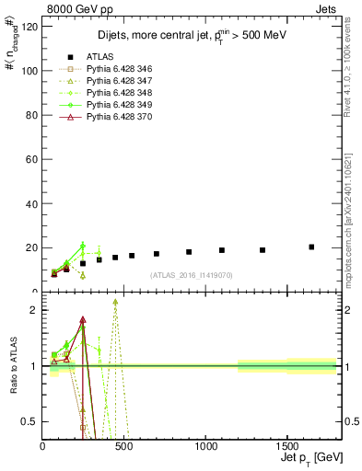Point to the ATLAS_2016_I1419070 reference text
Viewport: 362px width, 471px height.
pyautogui.click(x=192, y=275)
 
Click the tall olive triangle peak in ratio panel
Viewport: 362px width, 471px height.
pyautogui.click(x=115, y=302)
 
